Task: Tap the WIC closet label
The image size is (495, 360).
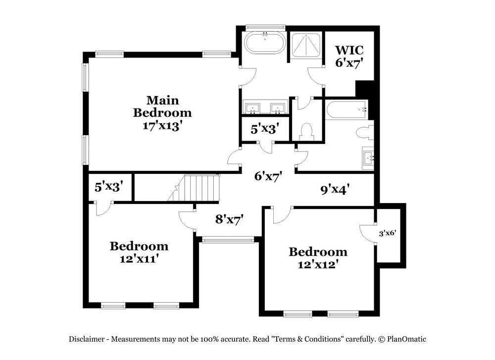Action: click(x=349, y=50)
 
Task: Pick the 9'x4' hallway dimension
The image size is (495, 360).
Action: click(x=332, y=189)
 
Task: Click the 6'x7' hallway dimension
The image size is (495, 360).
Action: click(x=268, y=176)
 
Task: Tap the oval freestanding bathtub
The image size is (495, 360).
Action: click(x=265, y=44)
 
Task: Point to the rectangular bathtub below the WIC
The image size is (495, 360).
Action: click(x=346, y=109)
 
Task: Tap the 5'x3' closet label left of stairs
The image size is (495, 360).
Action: click(x=108, y=187)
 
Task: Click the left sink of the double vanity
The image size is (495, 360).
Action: click(x=253, y=107)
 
